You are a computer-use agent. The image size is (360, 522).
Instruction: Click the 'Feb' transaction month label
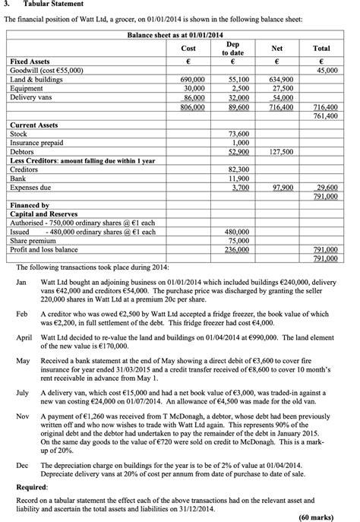point(21,313)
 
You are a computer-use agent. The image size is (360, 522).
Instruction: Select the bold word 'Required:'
point(33,484)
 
